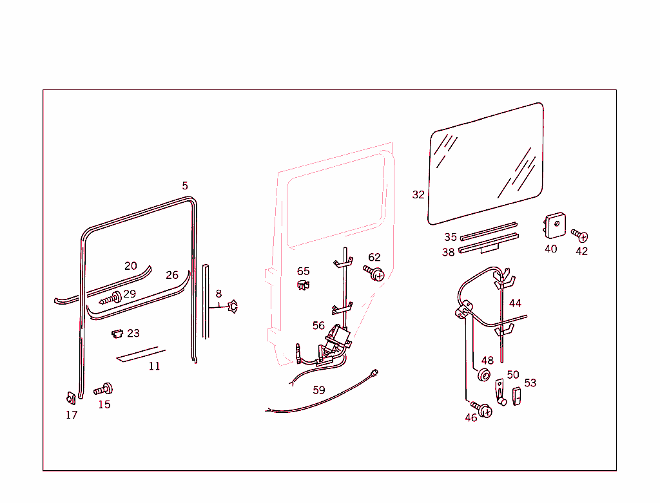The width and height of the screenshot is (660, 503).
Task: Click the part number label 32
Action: (x=418, y=195)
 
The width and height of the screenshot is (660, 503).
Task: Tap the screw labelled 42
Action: (x=579, y=236)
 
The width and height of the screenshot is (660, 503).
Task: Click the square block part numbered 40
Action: (x=553, y=225)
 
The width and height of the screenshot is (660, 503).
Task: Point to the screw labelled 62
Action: (x=375, y=274)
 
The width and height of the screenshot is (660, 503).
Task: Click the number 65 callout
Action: (x=303, y=271)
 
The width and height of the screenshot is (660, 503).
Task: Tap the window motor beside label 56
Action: (x=338, y=337)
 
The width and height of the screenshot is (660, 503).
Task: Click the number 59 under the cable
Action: (x=319, y=390)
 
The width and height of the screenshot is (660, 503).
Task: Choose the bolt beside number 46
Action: (x=483, y=409)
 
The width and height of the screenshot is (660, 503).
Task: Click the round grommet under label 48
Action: (x=484, y=375)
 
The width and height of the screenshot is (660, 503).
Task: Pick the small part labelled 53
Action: (x=516, y=396)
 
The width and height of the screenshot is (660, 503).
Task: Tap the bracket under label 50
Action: (x=500, y=392)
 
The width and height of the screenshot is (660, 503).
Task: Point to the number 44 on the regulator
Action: (x=515, y=303)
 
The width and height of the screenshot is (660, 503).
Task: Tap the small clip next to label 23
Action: (x=117, y=333)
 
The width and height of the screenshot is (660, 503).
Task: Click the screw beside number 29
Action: (x=112, y=299)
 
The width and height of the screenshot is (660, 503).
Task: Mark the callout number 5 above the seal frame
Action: (x=185, y=185)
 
